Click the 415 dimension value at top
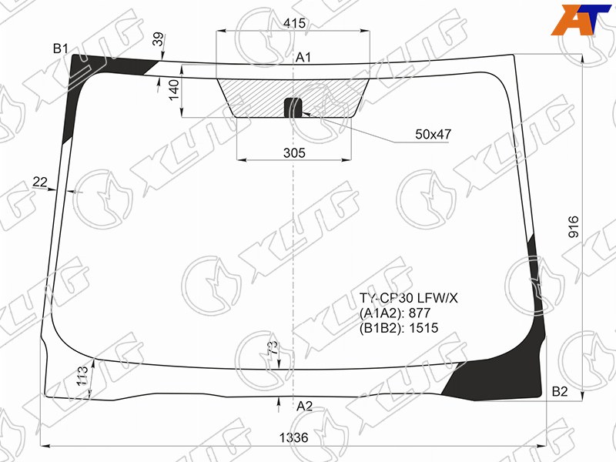pos(294,23)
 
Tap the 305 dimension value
pos(294,152)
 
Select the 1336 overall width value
pos(294,437)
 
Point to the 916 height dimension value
pos(574,226)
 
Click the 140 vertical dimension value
pos(174,90)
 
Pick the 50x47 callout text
pos(434,134)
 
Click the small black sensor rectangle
pos(293,108)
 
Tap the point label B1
pos(61,49)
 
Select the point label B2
pos(560,391)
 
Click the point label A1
pos(303,57)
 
